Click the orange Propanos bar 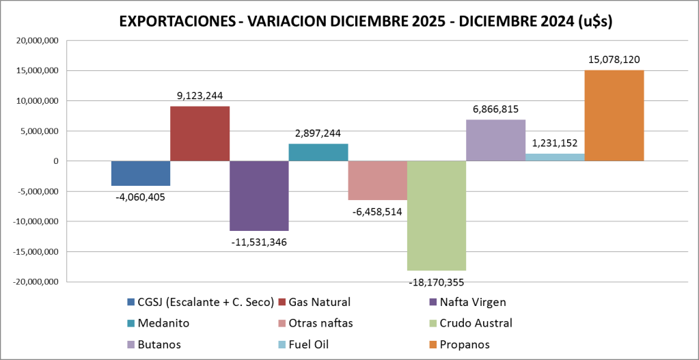click(x=614, y=115)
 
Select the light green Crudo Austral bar click(x=436, y=215)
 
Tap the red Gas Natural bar click(x=200, y=133)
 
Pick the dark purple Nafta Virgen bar click(x=259, y=195)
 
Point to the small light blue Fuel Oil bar click(x=554, y=157)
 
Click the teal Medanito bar click(x=318, y=152)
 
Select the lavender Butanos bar click(x=495, y=140)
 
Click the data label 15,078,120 click(x=614, y=60)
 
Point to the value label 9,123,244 click(x=200, y=96)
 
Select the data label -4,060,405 click(x=140, y=197)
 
